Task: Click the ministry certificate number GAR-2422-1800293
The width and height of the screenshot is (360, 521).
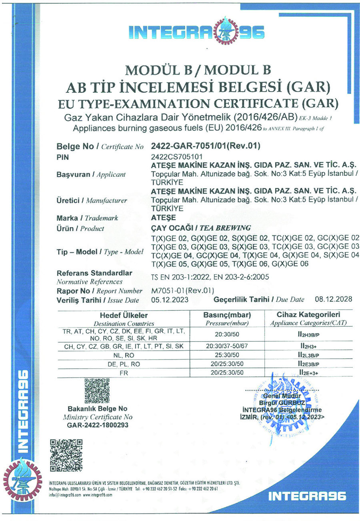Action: coord(98,425)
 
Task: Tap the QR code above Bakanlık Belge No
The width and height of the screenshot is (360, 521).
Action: coord(97,390)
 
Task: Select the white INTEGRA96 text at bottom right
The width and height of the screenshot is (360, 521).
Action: coord(308,496)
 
